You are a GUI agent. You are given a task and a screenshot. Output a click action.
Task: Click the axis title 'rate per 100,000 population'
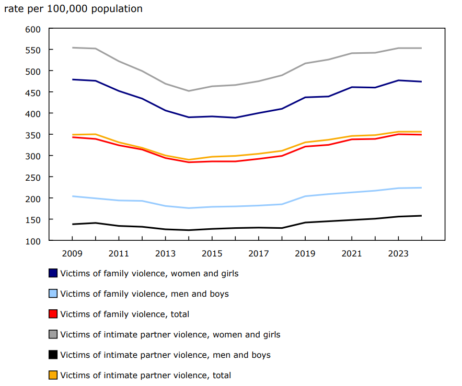point(73,9)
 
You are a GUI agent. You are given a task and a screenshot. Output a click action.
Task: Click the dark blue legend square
point(53,273)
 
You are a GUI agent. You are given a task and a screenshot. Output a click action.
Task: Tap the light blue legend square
point(53,294)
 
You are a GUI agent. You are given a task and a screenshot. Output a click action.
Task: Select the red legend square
point(53,314)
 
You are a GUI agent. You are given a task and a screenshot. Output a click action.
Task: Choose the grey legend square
point(53,334)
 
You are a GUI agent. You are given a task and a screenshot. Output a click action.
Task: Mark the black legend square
point(53,355)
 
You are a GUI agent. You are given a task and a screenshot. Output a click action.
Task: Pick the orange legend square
point(53,375)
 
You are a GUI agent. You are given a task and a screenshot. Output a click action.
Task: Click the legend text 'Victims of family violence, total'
point(124,314)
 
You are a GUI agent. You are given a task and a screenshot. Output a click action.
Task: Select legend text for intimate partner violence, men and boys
point(165,355)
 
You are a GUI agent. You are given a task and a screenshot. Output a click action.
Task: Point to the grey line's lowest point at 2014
point(189,91)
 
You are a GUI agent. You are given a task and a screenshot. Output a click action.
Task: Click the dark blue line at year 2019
point(305,97)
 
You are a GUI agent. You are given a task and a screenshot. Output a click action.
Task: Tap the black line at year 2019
point(305,223)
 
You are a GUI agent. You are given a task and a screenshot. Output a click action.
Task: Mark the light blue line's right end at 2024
point(422,188)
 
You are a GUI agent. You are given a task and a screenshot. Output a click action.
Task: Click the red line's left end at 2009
point(72,137)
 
